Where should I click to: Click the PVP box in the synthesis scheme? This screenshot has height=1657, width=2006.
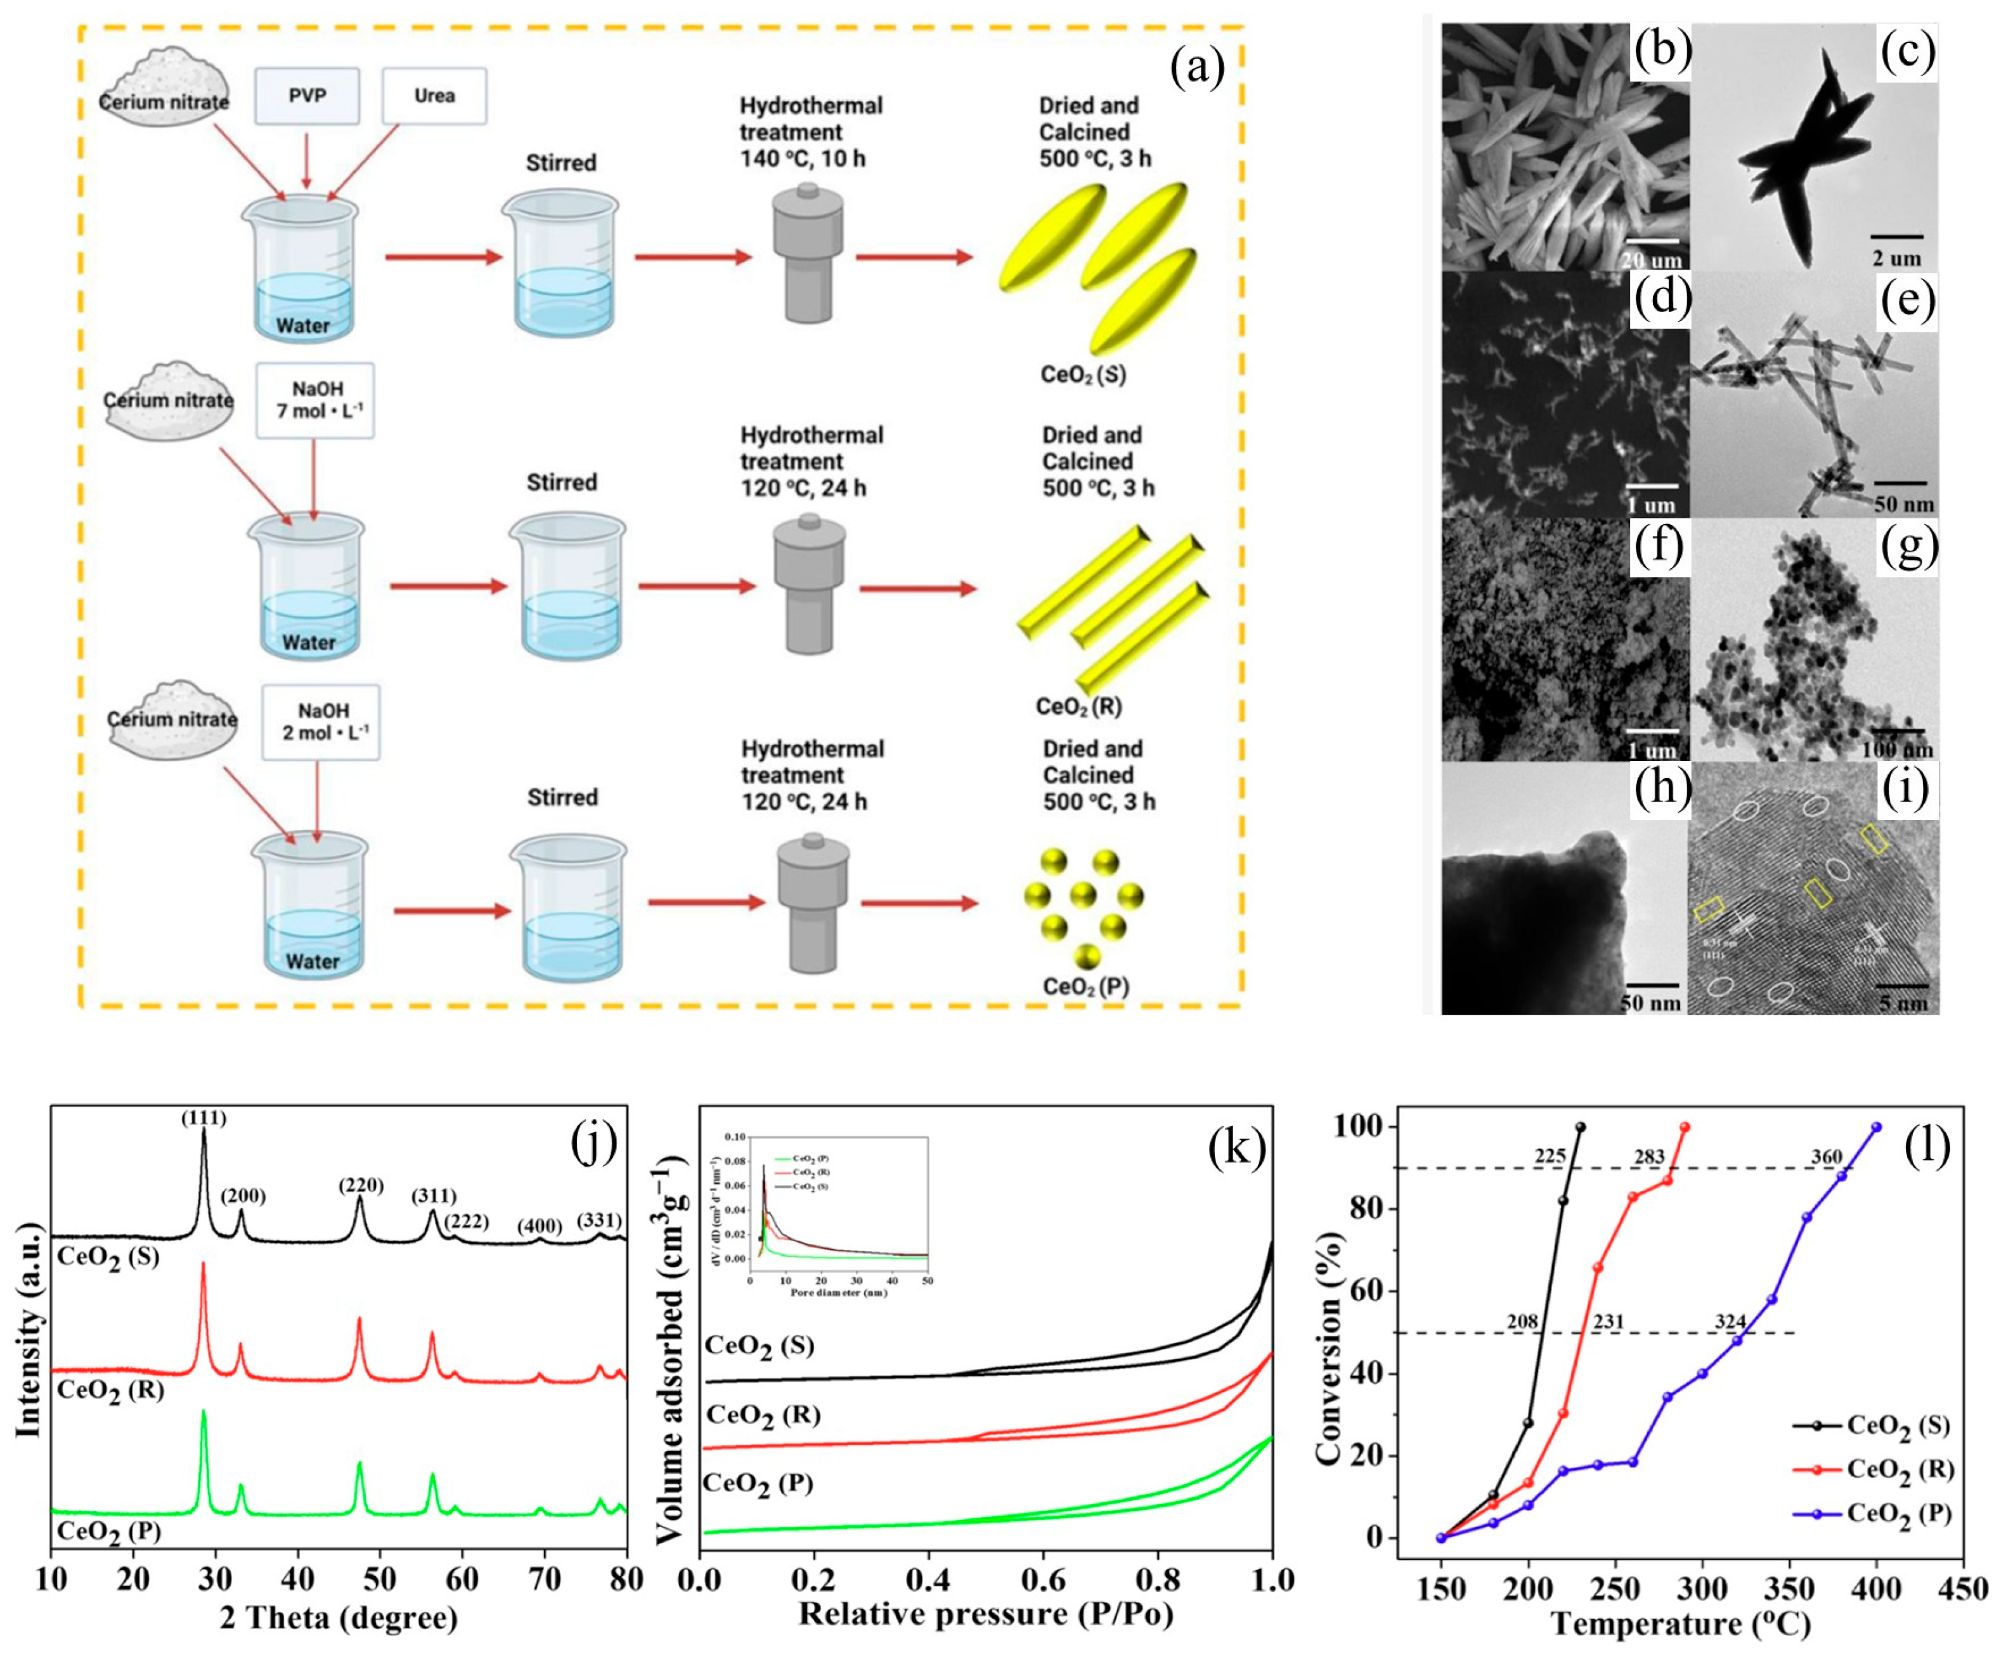(306, 96)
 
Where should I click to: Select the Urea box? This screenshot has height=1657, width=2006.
(434, 96)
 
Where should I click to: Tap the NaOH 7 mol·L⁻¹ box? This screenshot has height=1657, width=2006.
(315, 400)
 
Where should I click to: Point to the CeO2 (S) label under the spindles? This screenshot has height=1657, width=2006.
(1083, 374)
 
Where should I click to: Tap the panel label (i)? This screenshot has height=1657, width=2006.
(1906, 790)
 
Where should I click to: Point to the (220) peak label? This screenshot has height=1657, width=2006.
(361, 1185)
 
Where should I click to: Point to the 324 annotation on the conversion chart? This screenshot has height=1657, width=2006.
(1729, 1322)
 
